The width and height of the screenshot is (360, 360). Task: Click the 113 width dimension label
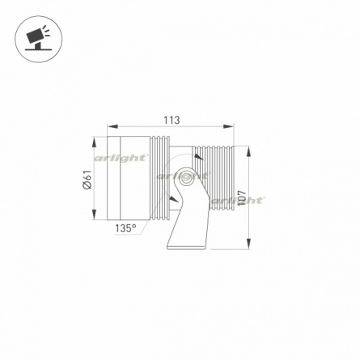pyautogui.click(x=172, y=120)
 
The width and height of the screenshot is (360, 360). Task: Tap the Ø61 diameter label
pyautogui.click(x=88, y=180)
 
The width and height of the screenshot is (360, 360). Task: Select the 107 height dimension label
pyautogui.click(x=242, y=198)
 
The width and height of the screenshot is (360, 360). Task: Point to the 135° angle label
pyautogui.click(x=125, y=228)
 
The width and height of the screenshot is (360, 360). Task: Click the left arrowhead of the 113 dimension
pyautogui.click(x=112, y=126)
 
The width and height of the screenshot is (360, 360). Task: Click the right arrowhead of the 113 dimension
pyautogui.click(x=228, y=126)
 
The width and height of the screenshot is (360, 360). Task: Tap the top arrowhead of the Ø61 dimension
pyautogui.click(x=94, y=142)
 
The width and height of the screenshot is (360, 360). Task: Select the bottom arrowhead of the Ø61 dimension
pyautogui.click(x=94, y=214)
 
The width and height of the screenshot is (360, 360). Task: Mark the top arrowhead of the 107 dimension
pyautogui.click(x=248, y=151)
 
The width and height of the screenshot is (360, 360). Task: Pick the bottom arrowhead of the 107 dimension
pyautogui.click(x=248, y=244)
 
